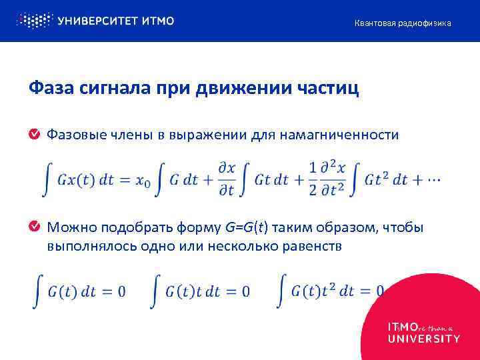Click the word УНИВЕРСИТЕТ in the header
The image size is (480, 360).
coord(97,21)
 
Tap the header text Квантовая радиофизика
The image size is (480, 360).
coord(402,23)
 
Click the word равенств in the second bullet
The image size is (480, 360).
coord(313,246)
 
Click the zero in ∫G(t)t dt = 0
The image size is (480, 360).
coord(246,291)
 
